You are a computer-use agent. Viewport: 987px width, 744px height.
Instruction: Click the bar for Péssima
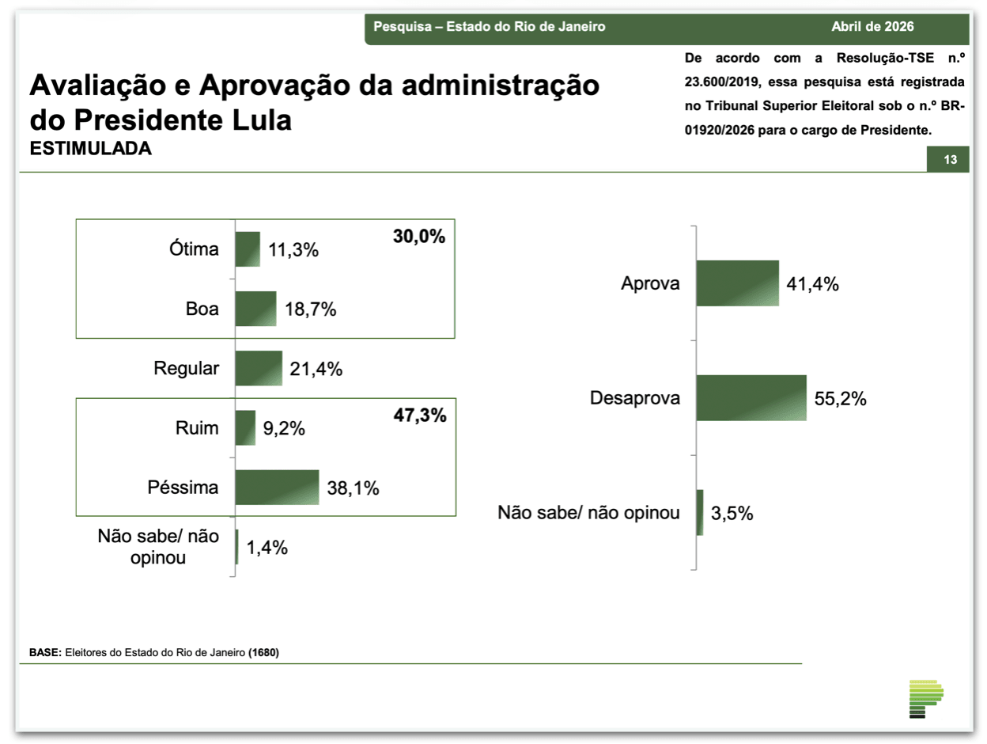tap(277, 488)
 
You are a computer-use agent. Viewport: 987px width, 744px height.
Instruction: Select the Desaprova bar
tap(751, 398)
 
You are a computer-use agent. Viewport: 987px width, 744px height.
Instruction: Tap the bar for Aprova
tap(737, 283)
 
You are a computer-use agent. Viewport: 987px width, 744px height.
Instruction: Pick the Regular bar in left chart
tap(258, 369)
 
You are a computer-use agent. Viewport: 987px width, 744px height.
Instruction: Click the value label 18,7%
tap(311, 309)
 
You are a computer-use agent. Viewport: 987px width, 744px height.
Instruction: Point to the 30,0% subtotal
tap(419, 237)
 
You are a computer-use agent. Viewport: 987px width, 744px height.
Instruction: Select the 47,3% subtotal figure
tap(419, 415)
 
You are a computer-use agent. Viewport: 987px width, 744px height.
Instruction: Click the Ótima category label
tap(193, 250)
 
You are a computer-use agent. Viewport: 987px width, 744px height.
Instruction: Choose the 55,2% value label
tap(841, 399)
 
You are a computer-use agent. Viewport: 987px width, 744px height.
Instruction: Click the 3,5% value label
tap(732, 513)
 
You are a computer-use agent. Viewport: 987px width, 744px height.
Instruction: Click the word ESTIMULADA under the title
tap(90, 149)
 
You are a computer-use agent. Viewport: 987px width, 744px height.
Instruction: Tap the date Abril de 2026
tap(872, 27)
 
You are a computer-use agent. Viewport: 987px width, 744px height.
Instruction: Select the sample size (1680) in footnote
tap(263, 654)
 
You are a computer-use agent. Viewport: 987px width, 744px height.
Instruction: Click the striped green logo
tap(926, 699)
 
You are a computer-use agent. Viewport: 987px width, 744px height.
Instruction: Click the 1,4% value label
tap(267, 547)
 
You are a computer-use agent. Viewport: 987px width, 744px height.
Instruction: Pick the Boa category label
tap(202, 309)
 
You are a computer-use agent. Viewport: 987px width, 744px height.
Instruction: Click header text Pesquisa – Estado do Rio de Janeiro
tap(489, 27)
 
